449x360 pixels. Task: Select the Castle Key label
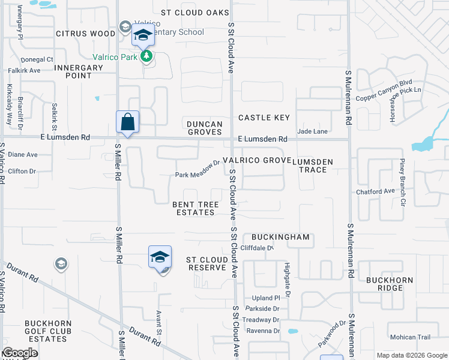coord(264,118)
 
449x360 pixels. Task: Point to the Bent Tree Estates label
coord(196,208)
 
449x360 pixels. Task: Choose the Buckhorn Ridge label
coord(384,284)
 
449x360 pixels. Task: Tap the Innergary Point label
coord(78,72)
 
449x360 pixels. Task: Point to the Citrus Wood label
coord(85,34)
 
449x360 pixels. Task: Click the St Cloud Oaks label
coord(195,13)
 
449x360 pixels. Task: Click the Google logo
coord(20,353)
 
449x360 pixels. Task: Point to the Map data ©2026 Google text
coord(411,355)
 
